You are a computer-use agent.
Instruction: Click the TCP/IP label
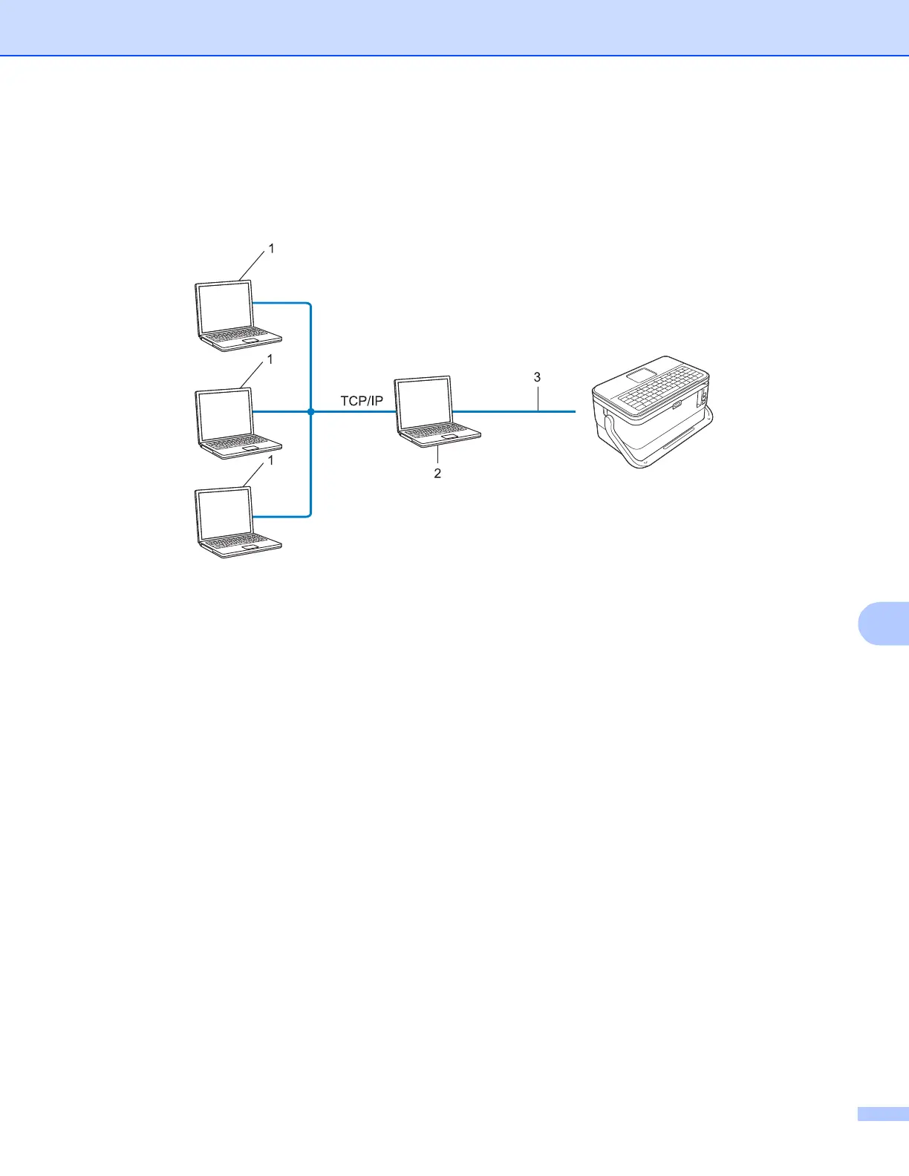tap(362, 401)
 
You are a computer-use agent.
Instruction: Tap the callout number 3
tap(537, 378)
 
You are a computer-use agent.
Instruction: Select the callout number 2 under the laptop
tap(437, 474)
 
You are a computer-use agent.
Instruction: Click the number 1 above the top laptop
tap(271, 249)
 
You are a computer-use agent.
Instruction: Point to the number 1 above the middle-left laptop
tap(270, 359)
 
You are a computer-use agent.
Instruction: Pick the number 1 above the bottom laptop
tap(270, 460)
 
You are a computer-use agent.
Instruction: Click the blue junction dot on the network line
tap(310, 411)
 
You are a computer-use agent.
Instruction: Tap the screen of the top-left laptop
tap(225, 307)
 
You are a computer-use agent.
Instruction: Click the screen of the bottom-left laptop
tap(225, 514)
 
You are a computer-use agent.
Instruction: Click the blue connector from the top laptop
tap(282, 303)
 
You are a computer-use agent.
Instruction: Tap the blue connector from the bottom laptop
tap(282, 516)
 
